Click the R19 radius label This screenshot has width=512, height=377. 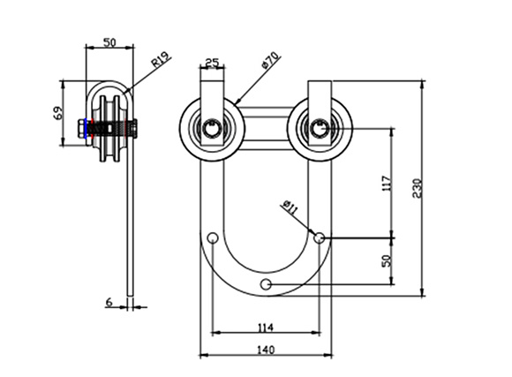(161, 59)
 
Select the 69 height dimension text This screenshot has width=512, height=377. (57, 113)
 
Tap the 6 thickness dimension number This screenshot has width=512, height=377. (109, 302)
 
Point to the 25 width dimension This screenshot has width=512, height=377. (212, 62)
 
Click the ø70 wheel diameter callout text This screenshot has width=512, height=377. (271, 60)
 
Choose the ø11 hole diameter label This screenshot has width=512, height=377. (290, 207)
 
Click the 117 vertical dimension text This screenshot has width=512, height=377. (386, 184)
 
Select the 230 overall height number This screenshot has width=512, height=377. (417, 188)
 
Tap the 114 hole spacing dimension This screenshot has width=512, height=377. (266, 327)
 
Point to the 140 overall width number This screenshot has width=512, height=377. (266, 350)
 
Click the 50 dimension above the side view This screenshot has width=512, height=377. (109, 42)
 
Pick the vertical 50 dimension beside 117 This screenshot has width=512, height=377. (387, 260)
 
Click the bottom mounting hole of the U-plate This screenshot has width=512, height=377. (266, 284)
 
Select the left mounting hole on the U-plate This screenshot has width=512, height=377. (213, 238)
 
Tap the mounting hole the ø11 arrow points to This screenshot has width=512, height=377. (319, 238)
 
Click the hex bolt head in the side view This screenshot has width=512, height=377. (81, 128)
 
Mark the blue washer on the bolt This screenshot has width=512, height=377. (86, 128)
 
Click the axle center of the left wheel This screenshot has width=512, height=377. (212, 128)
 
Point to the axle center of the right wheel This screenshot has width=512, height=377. (320, 128)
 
